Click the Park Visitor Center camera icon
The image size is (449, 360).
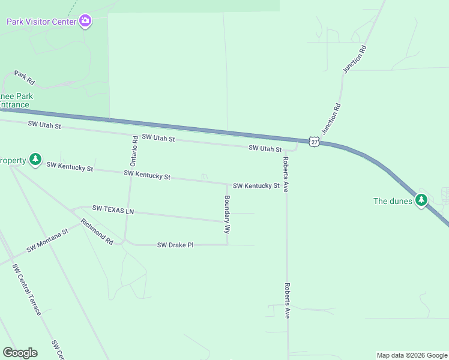click(x=85, y=22)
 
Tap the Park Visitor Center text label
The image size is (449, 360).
click(x=41, y=22)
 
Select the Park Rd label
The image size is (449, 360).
click(x=25, y=77)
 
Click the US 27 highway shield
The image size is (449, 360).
click(x=314, y=140)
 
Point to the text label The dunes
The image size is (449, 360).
click(x=393, y=201)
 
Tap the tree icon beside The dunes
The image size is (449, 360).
click(x=421, y=200)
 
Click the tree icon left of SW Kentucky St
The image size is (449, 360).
click(x=35, y=160)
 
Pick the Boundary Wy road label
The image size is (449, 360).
click(x=228, y=214)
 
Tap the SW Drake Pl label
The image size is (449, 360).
click(x=175, y=245)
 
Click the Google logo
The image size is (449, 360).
click(x=20, y=353)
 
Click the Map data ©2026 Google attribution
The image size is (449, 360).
click(x=411, y=355)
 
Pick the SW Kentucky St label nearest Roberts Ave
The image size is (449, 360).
click(x=256, y=186)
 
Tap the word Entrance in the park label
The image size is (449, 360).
click(x=14, y=105)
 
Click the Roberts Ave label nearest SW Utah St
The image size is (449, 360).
click(x=286, y=174)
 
